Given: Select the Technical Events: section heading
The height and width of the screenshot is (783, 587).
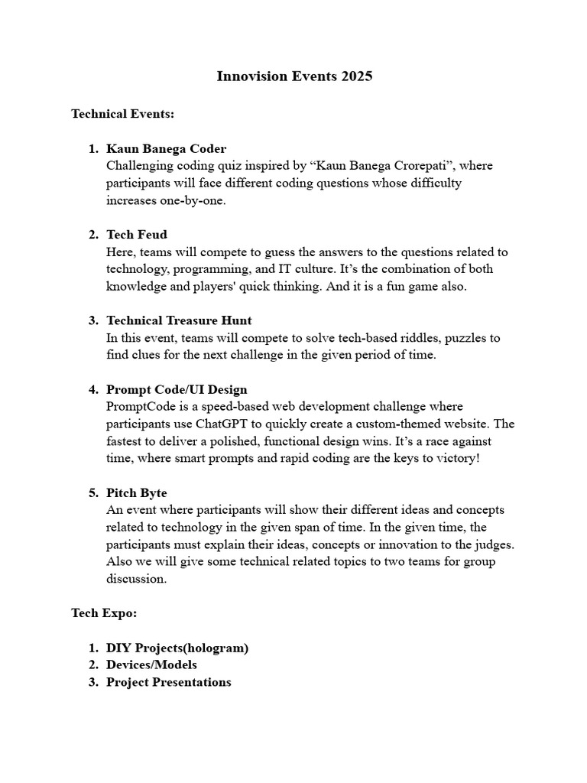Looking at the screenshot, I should (123, 114).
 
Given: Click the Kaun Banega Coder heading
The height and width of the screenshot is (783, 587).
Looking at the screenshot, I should (166, 148).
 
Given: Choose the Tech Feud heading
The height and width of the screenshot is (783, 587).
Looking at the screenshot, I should (137, 235).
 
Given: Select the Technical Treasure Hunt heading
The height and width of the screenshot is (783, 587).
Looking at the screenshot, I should (179, 320).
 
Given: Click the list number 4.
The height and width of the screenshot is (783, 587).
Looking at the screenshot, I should (92, 389).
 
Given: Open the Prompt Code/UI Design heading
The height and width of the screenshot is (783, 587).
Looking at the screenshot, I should (177, 389).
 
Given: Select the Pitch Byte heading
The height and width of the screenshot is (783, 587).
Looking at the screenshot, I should (137, 493).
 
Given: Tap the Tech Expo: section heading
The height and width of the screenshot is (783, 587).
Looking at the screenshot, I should (104, 613).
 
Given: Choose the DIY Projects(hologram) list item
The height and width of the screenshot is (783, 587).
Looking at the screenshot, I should (177, 648).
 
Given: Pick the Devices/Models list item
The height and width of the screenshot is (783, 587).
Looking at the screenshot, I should (151, 664).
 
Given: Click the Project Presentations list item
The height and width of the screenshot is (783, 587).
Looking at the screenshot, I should (168, 682).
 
